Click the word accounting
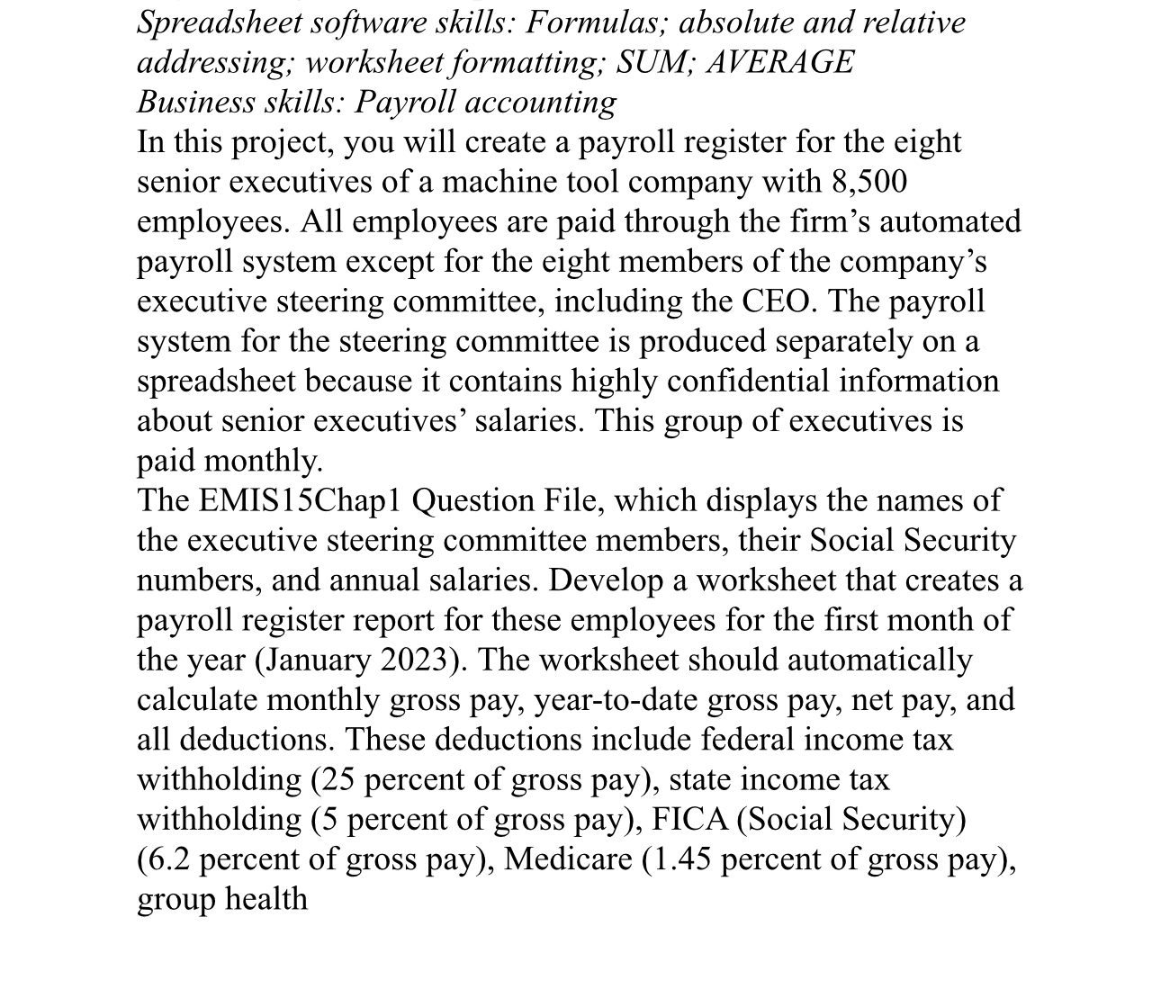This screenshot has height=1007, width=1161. pos(556,102)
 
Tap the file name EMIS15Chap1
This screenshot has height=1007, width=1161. pos(299,500)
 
